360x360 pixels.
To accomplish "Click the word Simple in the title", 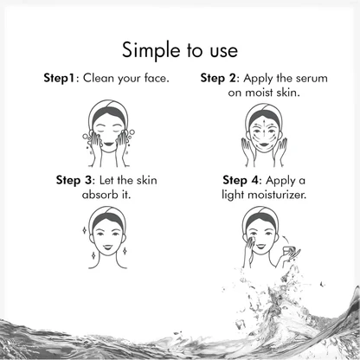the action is pos(151,51).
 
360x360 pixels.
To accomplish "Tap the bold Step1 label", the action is pos(59,78).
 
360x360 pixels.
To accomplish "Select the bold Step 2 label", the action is pos(218,79).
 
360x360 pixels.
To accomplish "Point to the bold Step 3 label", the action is pos(74,180).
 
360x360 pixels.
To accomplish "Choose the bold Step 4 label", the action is pos(241,180).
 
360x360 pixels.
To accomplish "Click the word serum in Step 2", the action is pos(313,79).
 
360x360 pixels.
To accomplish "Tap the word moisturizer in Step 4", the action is pos(277,195).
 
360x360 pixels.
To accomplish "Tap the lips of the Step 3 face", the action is pos(108,247).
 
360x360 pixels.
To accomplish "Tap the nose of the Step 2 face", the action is pos(264,135).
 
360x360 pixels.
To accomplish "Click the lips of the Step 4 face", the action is pos(260,246).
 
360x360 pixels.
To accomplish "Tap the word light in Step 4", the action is pos(233,196).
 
